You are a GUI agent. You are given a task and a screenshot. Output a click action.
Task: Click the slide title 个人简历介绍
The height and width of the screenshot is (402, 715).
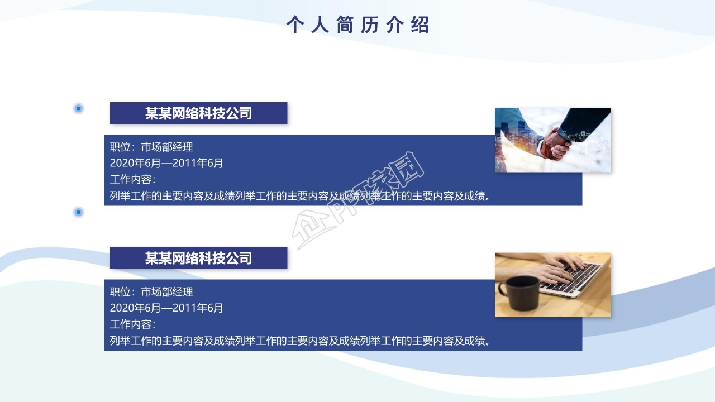(357, 25)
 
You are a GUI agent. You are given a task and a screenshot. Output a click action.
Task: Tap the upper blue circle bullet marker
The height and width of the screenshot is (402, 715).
(79, 108)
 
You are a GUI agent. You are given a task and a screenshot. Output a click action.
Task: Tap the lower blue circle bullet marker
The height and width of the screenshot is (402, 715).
(79, 212)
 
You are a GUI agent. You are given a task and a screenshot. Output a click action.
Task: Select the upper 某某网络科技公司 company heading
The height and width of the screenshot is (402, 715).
(198, 113)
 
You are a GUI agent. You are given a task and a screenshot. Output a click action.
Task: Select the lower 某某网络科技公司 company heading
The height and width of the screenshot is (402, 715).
(198, 258)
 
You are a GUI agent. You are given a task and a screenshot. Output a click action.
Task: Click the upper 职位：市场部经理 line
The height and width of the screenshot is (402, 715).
(151, 147)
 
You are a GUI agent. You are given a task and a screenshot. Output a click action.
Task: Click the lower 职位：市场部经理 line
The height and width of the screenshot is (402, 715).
(151, 292)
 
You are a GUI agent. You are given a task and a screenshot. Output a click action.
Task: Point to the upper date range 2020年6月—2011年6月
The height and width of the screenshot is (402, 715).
(166, 163)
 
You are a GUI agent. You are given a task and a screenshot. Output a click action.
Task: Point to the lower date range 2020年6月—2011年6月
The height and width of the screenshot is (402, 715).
(166, 308)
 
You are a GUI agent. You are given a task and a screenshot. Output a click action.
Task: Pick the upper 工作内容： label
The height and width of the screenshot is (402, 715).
(132, 180)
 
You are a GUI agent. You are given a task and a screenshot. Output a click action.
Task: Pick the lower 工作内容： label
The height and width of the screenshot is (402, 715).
(132, 324)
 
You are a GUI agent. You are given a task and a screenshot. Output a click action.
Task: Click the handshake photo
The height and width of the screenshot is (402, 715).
(552, 140)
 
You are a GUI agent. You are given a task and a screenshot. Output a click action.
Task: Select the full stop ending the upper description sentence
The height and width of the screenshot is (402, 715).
(488, 197)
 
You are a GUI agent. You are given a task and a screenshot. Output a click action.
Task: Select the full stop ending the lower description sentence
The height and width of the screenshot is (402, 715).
(488, 342)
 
